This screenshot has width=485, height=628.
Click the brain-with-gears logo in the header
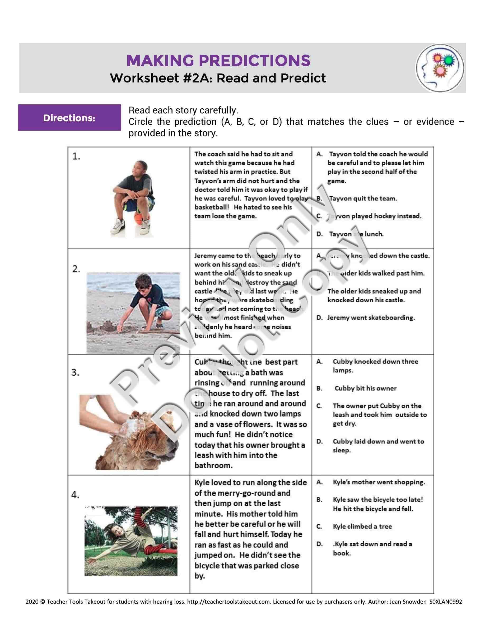tap(440, 68)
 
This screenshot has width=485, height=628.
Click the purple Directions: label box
tap(69, 118)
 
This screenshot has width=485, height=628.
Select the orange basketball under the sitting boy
tap(138, 218)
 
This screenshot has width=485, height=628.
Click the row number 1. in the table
tap(76, 156)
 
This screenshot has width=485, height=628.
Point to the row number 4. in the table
tap(75, 495)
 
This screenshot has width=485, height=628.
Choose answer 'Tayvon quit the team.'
tap(363, 198)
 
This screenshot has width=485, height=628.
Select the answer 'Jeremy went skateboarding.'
tap(371, 318)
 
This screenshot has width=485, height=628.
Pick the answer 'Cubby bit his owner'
tap(365, 388)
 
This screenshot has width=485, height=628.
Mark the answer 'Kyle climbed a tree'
tap(362, 526)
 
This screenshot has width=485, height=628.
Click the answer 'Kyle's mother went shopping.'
tap(379, 482)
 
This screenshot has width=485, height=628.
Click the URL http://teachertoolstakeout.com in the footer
tap(229, 602)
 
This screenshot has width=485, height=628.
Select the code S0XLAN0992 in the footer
tap(446, 602)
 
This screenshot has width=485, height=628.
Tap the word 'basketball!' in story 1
tap(212, 207)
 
